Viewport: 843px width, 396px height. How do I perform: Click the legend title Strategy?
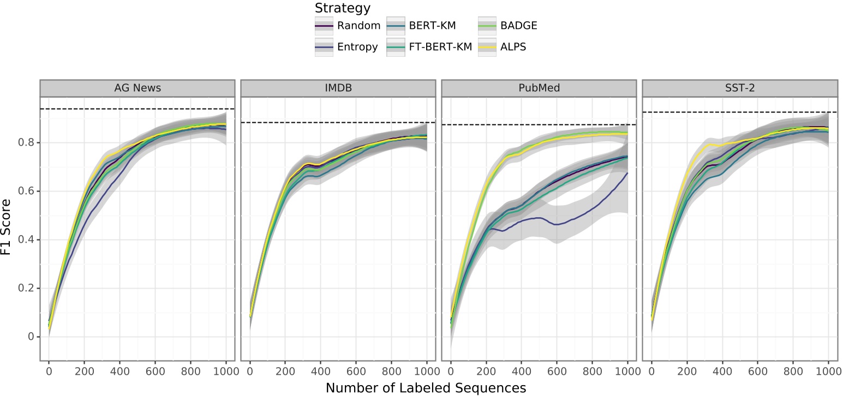pos(343,8)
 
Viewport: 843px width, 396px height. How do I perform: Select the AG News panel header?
pos(137,88)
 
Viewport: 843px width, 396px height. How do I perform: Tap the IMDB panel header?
pos(338,88)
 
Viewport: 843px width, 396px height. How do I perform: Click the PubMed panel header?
pos(539,88)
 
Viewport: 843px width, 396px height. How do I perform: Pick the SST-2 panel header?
pos(739,88)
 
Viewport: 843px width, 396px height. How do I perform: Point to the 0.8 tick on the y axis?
pos(25,143)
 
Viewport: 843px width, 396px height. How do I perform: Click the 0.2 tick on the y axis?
pos(25,288)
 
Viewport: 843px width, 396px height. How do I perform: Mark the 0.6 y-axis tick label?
pos(25,191)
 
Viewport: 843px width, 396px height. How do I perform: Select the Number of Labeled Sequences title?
pos(426,388)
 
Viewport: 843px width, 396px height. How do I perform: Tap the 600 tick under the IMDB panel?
pos(356,372)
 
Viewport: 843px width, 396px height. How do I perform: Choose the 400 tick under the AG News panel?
pos(119,372)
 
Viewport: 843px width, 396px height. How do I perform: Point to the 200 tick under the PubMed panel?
pos(486,372)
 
